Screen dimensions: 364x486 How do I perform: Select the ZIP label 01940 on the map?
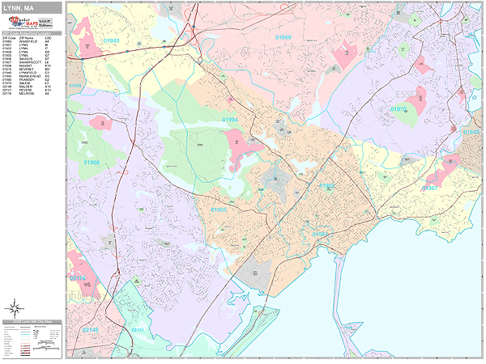point(111,40)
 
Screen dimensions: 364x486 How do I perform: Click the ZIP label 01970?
point(399,108)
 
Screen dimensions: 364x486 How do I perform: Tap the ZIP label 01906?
point(90,162)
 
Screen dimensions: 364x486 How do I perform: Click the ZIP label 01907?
point(429,188)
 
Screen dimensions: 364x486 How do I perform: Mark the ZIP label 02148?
point(90,330)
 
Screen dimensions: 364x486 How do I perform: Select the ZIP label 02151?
point(139,330)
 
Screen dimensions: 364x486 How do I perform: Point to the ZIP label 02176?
point(77,278)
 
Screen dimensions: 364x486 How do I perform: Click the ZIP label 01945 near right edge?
point(471,131)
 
